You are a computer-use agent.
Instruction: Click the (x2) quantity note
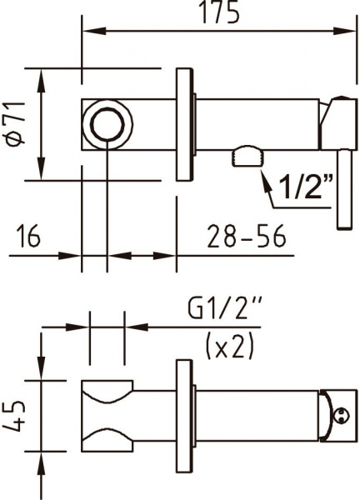(x=228, y=346)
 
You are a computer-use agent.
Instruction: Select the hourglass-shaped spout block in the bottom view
(x=107, y=414)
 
